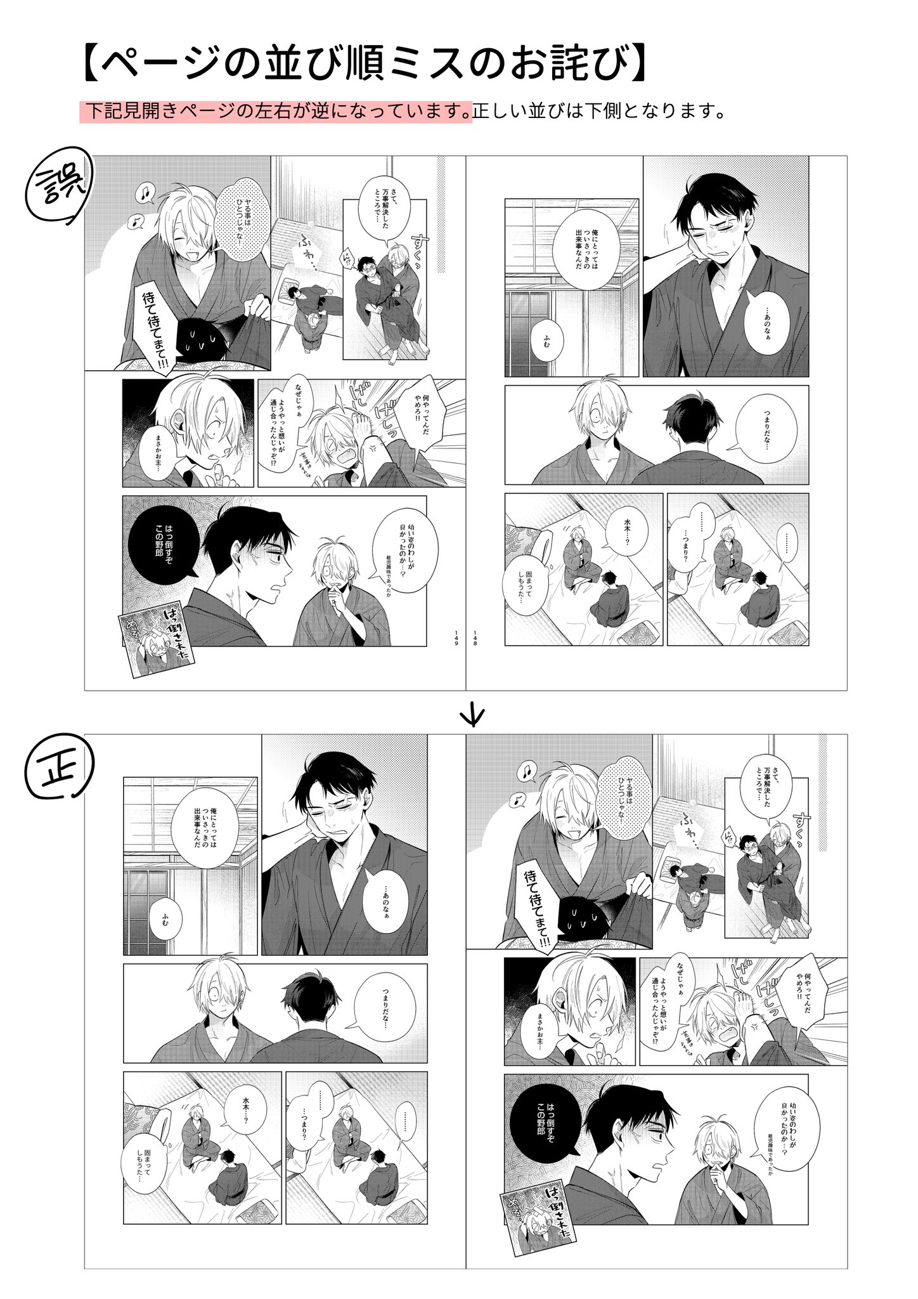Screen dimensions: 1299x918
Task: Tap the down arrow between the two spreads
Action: click(474, 715)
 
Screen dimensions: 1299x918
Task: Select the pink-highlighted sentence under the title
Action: click(276, 112)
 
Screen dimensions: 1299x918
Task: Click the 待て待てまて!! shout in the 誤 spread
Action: click(151, 330)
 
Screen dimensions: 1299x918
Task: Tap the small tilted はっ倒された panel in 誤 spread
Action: click(152, 636)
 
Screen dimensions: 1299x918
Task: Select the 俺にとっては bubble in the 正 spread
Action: click(204, 821)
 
